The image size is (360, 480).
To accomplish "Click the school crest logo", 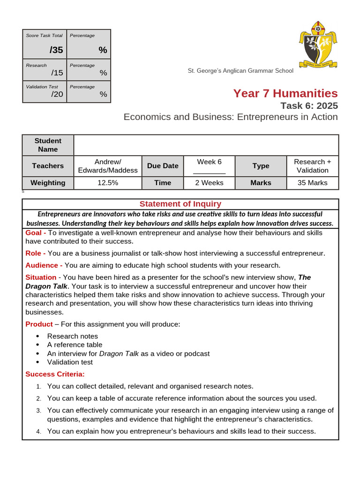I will click(x=317, y=45).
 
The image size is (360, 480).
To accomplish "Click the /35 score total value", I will click(x=56, y=50).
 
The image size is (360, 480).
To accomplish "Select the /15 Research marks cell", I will click(x=57, y=73).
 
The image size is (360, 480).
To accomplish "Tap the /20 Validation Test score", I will click(x=57, y=94).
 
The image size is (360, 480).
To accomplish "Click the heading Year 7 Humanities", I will click(x=285, y=93).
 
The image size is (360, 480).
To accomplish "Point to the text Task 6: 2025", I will click(x=308, y=105).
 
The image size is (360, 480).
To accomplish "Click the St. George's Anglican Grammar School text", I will click(x=240, y=71).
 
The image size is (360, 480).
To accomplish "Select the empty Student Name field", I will click(x=206, y=145).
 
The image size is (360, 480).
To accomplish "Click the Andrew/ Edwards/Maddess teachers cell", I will click(x=108, y=166).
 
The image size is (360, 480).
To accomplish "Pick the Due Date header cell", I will click(x=163, y=166).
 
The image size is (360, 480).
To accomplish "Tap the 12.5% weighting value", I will click(x=108, y=183).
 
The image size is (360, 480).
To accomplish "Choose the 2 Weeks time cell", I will click(x=209, y=183).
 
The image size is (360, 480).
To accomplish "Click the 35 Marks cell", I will click(x=312, y=183).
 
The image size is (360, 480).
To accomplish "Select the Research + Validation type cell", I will click(x=312, y=166).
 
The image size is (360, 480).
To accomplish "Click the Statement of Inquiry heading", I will click(x=180, y=204).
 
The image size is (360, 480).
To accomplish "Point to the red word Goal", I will click(x=34, y=233).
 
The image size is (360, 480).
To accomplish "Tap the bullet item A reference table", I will click(x=75, y=345).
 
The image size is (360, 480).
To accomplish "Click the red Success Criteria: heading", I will click(x=55, y=374).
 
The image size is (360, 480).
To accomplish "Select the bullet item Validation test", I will click(x=70, y=362).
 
